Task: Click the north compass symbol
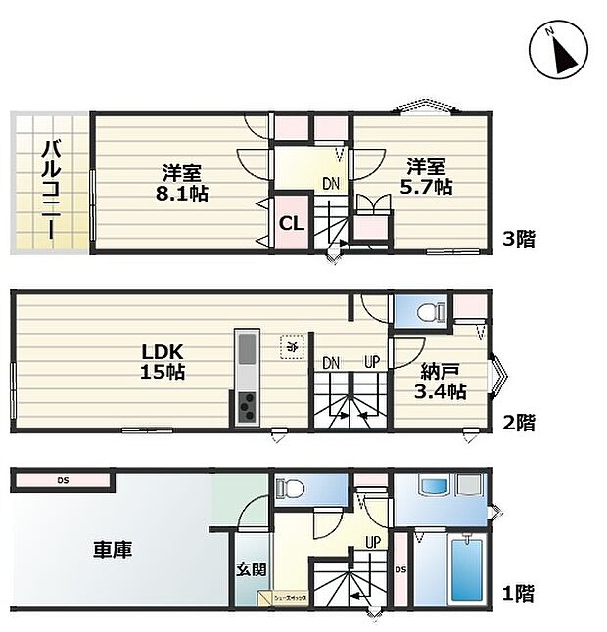(557, 50)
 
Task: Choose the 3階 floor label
(518, 239)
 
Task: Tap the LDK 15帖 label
(161, 361)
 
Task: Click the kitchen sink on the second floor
(246, 348)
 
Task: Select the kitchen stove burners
(245, 405)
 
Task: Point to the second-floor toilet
(425, 313)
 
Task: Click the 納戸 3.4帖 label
(442, 382)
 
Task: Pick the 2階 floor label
(518, 423)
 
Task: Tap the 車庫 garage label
(115, 549)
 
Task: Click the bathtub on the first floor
(465, 571)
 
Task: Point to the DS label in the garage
(62, 480)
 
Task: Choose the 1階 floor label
(518, 592)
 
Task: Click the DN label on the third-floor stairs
(333, 182)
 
